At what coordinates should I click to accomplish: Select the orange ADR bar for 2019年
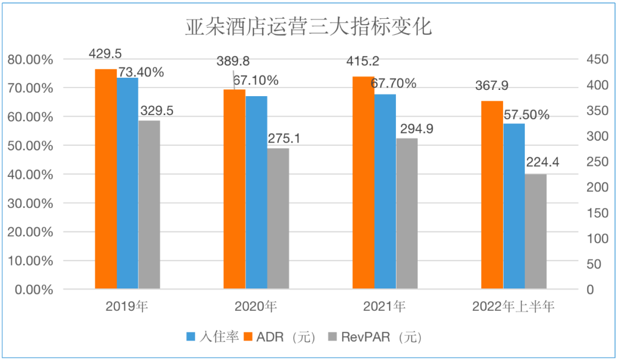(106, 179)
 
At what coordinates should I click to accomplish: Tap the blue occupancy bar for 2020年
(256, 192)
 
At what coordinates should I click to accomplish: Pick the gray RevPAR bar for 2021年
(406, 213)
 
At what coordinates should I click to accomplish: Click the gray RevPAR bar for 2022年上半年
(536, 231)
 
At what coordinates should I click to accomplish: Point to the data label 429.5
(105, 54)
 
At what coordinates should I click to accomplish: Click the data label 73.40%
(141, 72)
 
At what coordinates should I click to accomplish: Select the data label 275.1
(284, 138)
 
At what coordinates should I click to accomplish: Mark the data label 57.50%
(526, 114)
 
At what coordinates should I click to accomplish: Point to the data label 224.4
(544, 163)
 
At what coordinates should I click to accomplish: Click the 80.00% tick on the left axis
(30, 59)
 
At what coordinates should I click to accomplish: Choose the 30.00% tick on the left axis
(30, 203)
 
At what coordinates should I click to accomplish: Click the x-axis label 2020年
(256, 306)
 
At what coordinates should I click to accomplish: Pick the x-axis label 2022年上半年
(513, 306)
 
